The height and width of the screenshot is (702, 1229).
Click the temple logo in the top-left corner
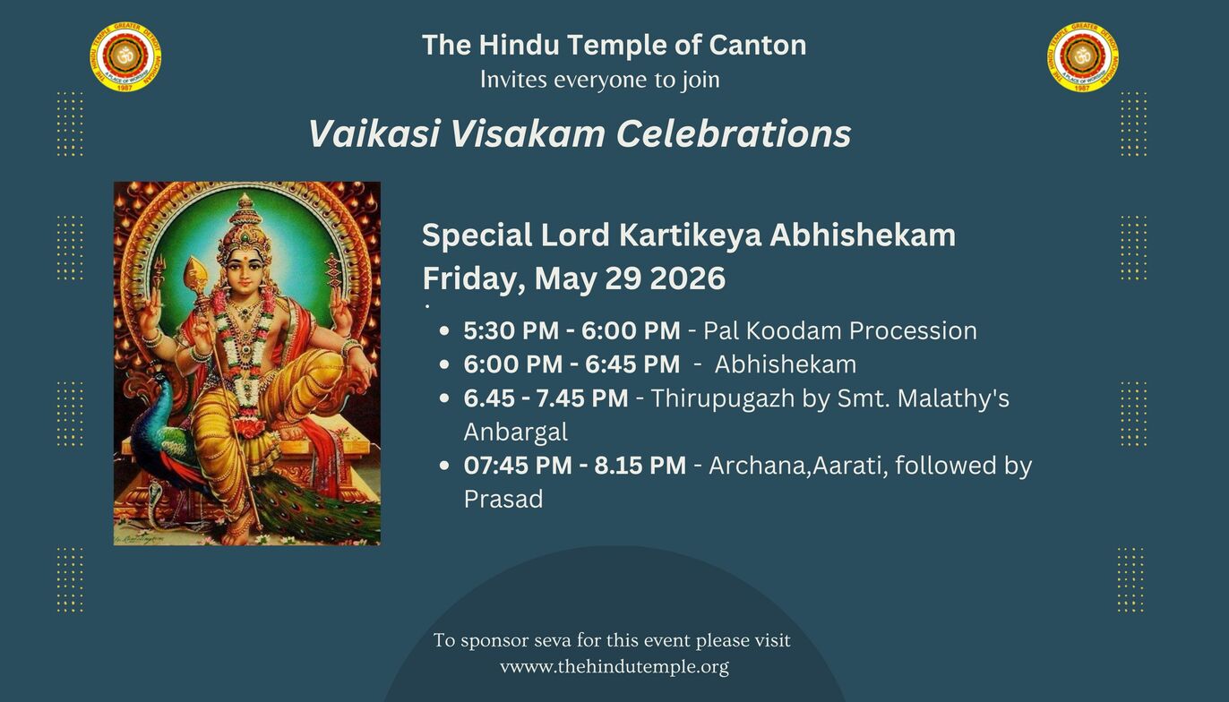tap(125, 56)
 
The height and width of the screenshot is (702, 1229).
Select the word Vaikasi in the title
tap(374, 133)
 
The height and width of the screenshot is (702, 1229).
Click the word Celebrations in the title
tap(734, 133)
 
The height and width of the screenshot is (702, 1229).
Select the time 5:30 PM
tap(511, 330)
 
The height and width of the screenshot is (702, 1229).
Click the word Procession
tap(913, 330)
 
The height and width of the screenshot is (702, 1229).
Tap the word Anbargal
tap(516, 432)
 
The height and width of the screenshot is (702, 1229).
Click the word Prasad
tap(503, 499)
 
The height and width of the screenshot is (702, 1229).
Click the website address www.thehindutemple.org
tap(614, 667)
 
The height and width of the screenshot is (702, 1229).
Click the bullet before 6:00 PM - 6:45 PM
tap(444, 364)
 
